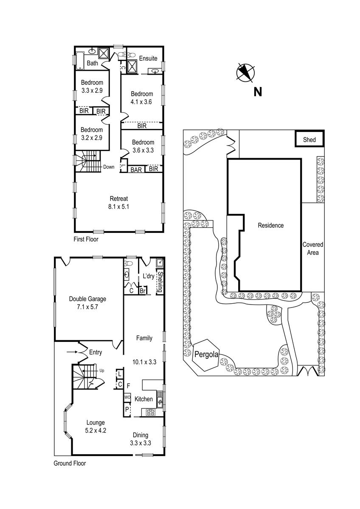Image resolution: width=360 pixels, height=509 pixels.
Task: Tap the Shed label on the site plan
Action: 309,140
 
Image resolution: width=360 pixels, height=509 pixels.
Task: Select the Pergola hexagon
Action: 206,355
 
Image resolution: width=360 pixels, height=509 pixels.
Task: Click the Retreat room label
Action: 119,199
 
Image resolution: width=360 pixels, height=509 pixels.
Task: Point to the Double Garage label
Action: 87,299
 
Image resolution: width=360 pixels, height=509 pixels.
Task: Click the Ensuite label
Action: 148,59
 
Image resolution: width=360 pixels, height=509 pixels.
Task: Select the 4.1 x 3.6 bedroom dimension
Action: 141,101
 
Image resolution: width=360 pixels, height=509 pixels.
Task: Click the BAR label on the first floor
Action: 136,169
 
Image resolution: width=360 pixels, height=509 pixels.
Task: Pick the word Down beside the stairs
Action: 109,167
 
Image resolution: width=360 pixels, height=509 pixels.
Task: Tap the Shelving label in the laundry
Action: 160,282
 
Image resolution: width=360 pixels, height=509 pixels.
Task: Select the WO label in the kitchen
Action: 127,397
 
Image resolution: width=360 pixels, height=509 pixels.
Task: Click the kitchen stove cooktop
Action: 150,412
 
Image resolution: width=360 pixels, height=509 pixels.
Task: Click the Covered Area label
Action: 312,249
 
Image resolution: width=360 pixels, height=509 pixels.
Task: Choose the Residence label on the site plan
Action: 270,226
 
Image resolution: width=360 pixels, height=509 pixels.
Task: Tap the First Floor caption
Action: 86,239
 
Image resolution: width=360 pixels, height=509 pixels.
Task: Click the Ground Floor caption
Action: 70,464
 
